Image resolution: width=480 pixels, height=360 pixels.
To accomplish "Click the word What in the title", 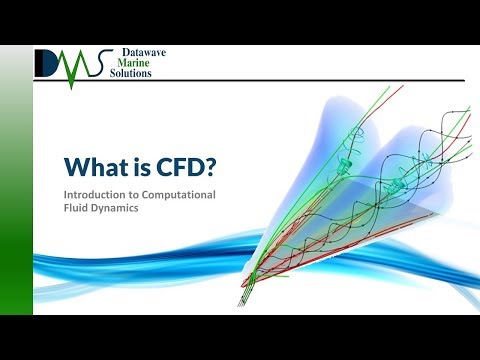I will pyautogui.click(x=95, y=164).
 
